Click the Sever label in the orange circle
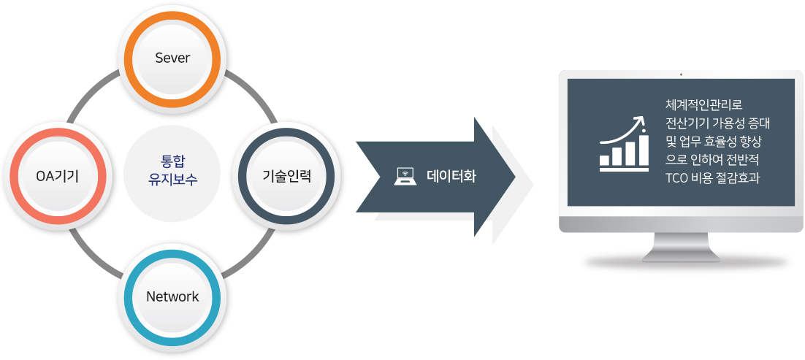[x=172, y=58]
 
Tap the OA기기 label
[x=57, y=177]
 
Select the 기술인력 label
[x=287, y=176]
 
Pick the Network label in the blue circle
[x=172, y=296]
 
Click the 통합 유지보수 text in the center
[x=172, y=169]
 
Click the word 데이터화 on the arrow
[x=451, y=177]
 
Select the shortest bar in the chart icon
[x=605, y=160]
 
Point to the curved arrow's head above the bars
[x=638, y=120]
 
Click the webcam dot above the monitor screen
[x=681, y=74]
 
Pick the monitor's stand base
[x=681, y=256]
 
